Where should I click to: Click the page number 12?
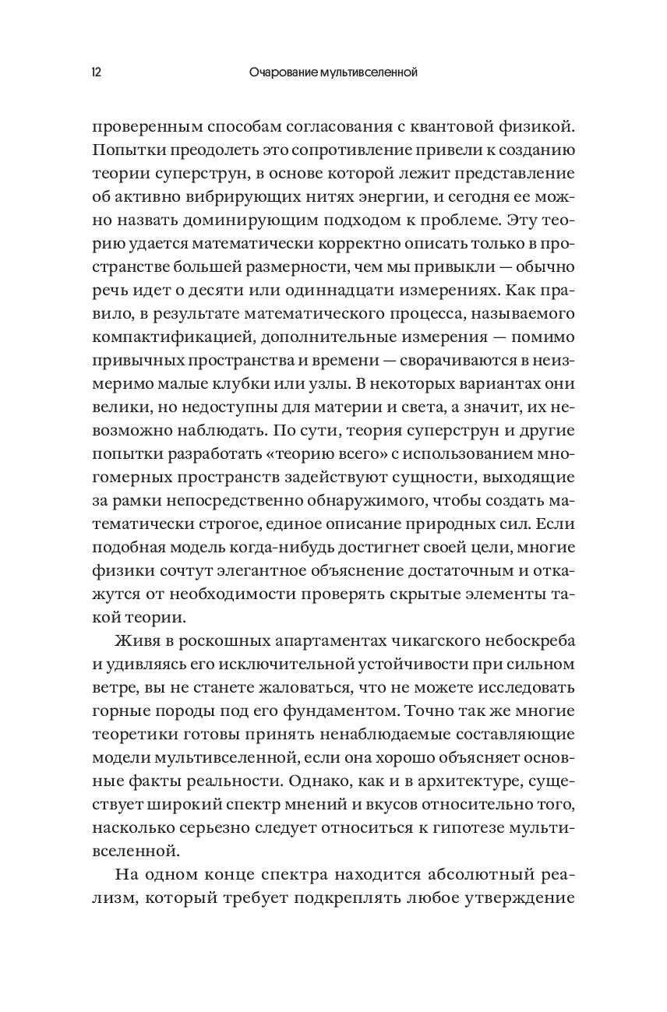point(96,73)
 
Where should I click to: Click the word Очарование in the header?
point(279,73)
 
